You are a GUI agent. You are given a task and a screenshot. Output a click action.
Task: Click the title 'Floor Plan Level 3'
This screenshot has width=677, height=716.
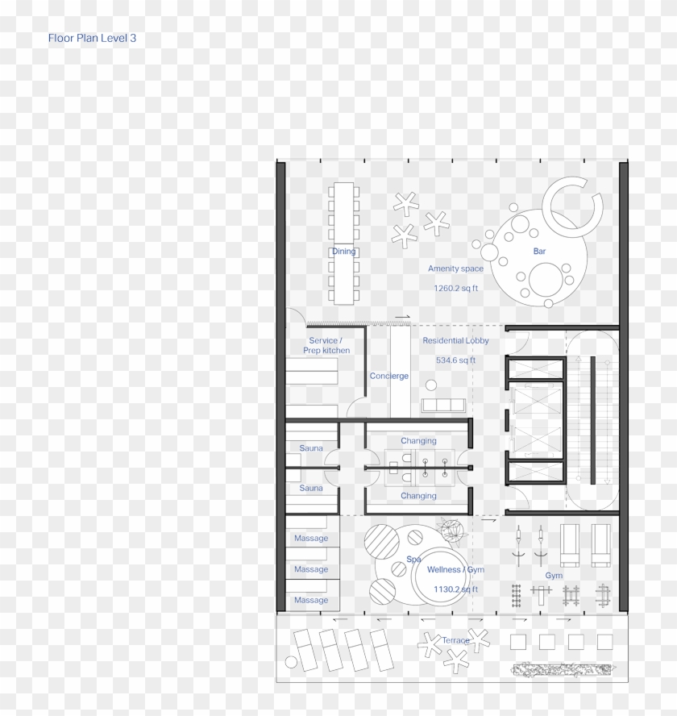click(98, 38)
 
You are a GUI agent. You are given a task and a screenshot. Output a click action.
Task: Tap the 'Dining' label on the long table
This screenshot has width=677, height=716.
click(343, 252)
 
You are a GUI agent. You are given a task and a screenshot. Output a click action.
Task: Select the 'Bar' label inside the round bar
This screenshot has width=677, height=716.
click(539, 252)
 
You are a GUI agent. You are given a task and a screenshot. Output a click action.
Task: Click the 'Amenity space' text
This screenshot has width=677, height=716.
click(455, 268)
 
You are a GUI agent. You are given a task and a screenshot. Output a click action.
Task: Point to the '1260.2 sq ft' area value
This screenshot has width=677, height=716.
click(455, 288)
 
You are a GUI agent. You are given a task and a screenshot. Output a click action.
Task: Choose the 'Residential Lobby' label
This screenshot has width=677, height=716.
click(455, 341)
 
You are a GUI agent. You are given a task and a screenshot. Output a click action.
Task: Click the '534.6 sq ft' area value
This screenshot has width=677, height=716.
click(455, 360)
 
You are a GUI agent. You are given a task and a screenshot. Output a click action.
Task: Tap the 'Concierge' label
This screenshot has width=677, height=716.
click(389, 377)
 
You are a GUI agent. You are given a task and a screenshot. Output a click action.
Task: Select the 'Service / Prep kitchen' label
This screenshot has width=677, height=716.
click(326, 346)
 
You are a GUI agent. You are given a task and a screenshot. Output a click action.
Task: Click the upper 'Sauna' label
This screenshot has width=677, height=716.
click(311, 448)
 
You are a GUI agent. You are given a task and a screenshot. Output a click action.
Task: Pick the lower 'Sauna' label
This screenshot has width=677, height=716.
click(311, 488)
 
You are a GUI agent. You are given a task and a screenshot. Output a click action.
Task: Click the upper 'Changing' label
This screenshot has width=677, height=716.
click(418, 441)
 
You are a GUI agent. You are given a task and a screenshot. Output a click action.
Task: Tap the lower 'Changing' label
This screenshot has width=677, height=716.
click(418, 496)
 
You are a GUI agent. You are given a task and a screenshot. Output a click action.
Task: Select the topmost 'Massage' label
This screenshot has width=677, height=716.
click(311, 539)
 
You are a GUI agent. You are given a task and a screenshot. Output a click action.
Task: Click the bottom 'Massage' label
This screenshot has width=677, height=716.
click(311, 600)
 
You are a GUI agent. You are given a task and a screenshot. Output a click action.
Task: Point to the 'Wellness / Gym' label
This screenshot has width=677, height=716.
click(455, 570)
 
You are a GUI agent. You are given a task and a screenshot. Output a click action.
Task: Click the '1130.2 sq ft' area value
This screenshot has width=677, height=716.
click(455, 589)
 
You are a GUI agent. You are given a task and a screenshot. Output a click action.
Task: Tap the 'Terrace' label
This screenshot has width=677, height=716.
click(455, 640)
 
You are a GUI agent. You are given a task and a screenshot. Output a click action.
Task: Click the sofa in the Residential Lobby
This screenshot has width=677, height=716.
click(442, 404)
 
